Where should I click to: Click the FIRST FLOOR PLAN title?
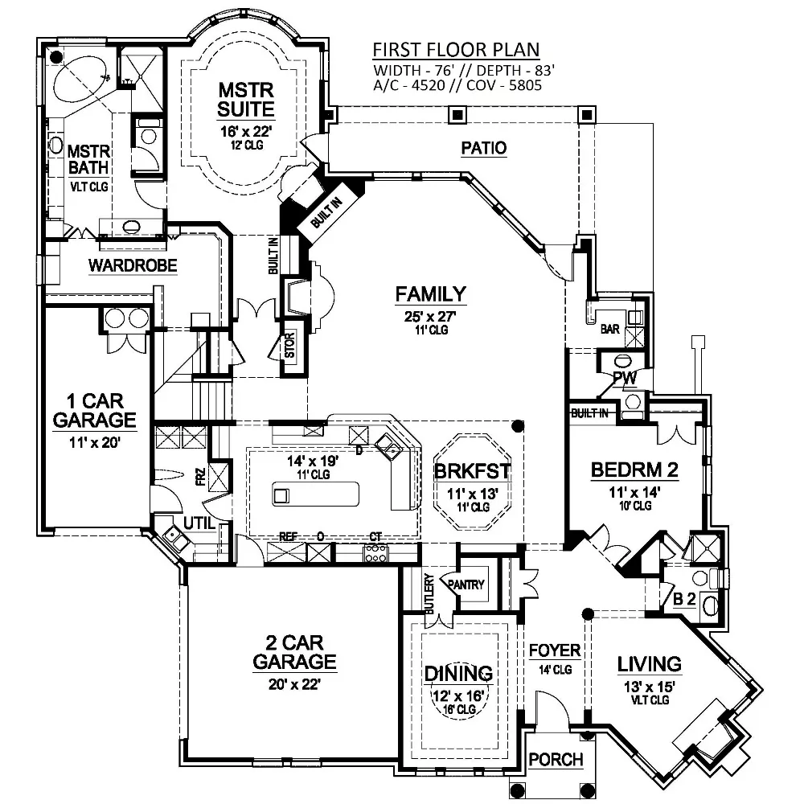(x=456, y=50)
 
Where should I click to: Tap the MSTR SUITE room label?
(x=246, y=100)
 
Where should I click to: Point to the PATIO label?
(x=483, y=148)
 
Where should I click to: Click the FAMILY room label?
(x=431, y=294)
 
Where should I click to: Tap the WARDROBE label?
(x=133, y=265)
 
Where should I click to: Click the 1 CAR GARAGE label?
(x=95, y=410)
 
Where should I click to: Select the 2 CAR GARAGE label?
(x=294, y=652)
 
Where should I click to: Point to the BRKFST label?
(x=472, y=471)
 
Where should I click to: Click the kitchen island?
(x=315, y=494)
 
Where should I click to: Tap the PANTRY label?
(x=466, y=584)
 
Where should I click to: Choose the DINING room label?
(x=458, y=673)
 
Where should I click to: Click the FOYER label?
(x=555, y=650)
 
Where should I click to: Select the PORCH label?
(x=556, y=759)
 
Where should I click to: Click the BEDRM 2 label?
(x=635, y=470)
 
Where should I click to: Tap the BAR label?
(x=610, y=329)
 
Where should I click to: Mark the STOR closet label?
(x=289, y=345)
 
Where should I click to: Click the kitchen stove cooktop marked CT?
(x=375, y=554)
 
